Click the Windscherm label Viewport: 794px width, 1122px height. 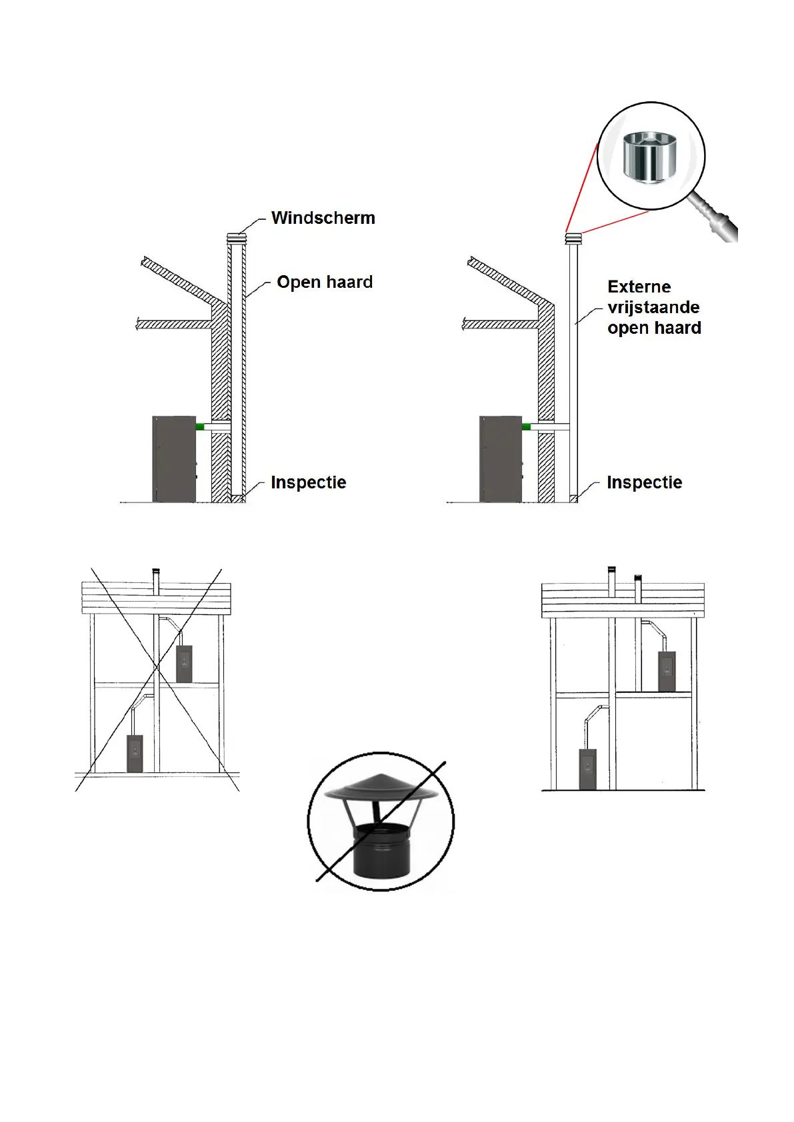tap(323, 218)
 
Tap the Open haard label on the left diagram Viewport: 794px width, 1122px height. tap(325, 282)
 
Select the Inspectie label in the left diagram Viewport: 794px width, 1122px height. tap(308, 482)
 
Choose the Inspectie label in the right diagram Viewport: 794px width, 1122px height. tap(644, 482)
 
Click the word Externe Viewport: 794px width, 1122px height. tap(639, 286)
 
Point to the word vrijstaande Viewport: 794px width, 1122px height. tap(653, 307)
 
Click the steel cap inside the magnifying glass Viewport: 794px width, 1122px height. tap(649, 157)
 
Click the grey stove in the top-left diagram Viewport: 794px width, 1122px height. tap(174, 459)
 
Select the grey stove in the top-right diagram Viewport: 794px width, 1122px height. tap(501, 459)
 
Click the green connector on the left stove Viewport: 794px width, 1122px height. tap(199, 426)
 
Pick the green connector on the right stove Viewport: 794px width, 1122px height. tap(526, 426)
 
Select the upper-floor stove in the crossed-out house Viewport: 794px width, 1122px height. tap(184, 664)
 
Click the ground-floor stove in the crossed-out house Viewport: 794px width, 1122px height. tap(135, 754)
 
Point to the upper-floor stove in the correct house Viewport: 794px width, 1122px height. tap(667, 672)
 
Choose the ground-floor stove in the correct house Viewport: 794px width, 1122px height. tap(587, 769)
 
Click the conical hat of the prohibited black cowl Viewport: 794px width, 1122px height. tap(381, 787)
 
